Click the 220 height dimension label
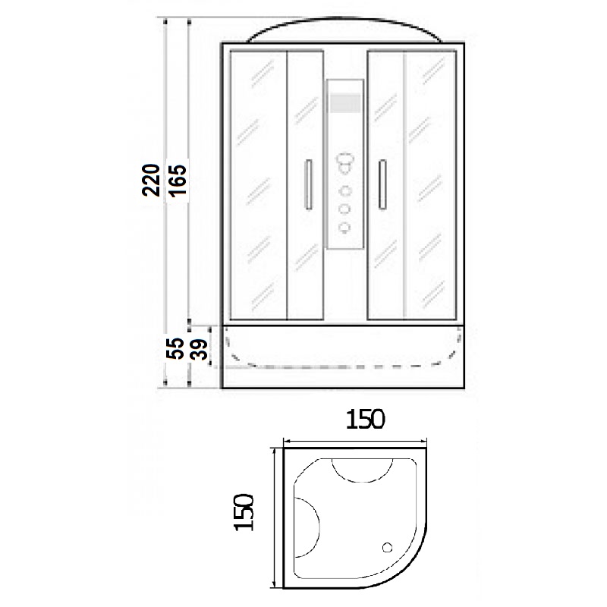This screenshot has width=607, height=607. coord(151,180)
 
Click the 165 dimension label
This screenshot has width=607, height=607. coord(178,181)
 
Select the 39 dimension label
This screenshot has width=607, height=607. coord(200,349)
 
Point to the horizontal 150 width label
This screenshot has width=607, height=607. coord(366,420)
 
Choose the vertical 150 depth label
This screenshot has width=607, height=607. coord(244,511)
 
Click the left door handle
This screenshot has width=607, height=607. coord(309,184)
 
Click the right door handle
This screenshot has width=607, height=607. coord(382,184)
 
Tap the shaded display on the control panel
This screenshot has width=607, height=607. coord(344,102)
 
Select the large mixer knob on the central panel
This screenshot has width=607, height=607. coord(344,163)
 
